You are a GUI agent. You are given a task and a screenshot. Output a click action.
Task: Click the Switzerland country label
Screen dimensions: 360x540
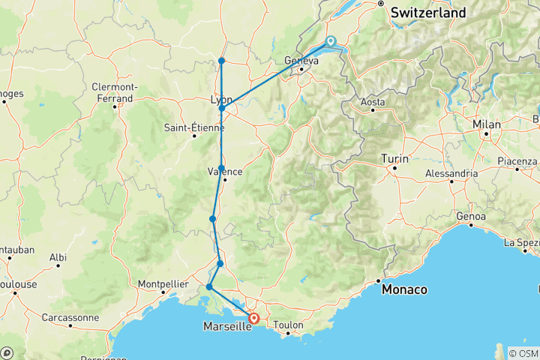coord(428,13)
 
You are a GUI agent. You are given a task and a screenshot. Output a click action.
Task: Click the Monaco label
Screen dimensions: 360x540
coord(404,289)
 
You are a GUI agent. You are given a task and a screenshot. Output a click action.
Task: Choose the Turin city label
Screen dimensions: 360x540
coord(394,158)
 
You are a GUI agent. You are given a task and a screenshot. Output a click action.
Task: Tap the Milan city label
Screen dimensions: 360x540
coord(487,124)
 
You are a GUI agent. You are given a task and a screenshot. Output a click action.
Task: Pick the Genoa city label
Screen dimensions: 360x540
coord(471,217)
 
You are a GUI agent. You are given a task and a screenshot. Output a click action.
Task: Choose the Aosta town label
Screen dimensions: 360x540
coord(373,101)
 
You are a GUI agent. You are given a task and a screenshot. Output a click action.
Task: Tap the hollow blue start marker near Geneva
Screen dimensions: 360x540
coord(330,42)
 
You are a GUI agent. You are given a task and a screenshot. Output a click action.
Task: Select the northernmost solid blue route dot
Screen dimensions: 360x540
coord(222,61)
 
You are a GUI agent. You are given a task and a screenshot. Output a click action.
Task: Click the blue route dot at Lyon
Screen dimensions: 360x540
coord(222,109)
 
